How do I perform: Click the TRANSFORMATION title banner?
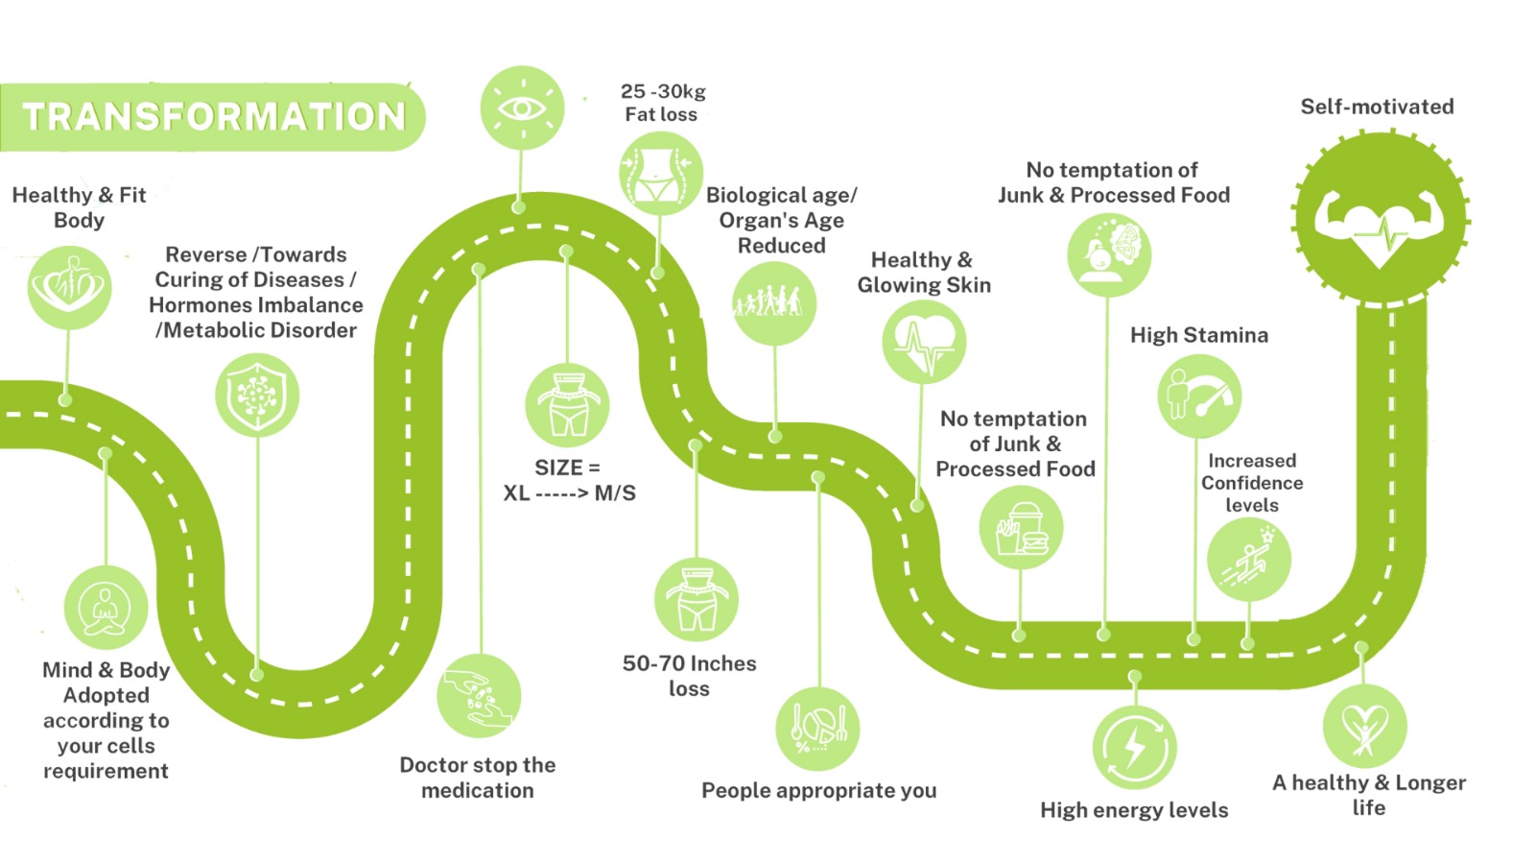[x=213, y=117]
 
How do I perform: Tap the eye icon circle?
[x=522, y=108]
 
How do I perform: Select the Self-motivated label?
[x=1377, y=107]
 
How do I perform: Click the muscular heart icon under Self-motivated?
[x=1380, y=219]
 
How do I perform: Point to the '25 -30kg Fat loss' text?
[x=662, y=103]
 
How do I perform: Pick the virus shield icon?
[x=256, y=395]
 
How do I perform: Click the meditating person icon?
[x=106, y=608]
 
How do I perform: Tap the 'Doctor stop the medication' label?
[x=478, y=778]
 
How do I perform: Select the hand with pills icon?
[x=479, y=696]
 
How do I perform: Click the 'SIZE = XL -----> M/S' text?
[x=569, y=480]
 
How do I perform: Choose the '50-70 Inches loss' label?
[x=689, y=676]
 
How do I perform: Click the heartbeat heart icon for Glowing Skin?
[x=923, y=342]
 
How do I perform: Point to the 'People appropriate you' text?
[x=818, y=790]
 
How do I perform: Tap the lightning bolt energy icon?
[x=1134, y=748]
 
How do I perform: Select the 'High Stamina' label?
[x=1198, y=335]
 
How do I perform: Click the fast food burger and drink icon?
[x=1021, y=528]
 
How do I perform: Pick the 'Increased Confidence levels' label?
[x=1252, y=483]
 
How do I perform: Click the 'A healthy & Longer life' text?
[x=1369, y=795]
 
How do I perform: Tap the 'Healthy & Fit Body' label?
[x=79, y=207]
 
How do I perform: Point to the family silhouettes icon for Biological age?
[x=773, y=303]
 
